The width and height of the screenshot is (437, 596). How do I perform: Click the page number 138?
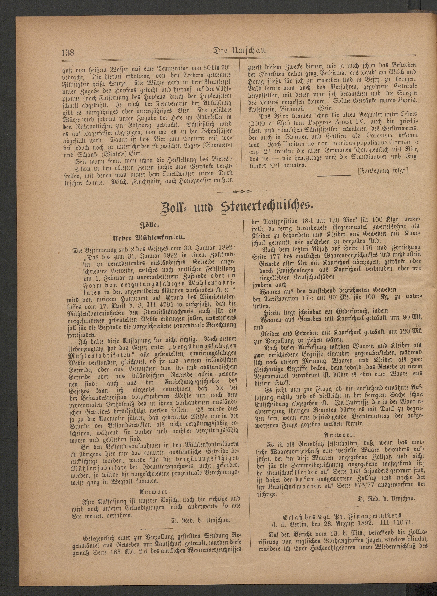pos(68,53)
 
